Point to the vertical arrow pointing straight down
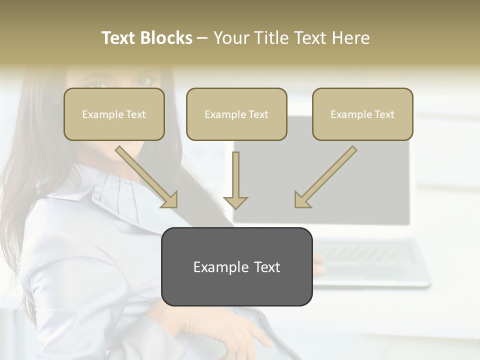235,180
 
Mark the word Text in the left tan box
135,114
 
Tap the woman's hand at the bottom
240,332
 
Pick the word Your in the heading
230,38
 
